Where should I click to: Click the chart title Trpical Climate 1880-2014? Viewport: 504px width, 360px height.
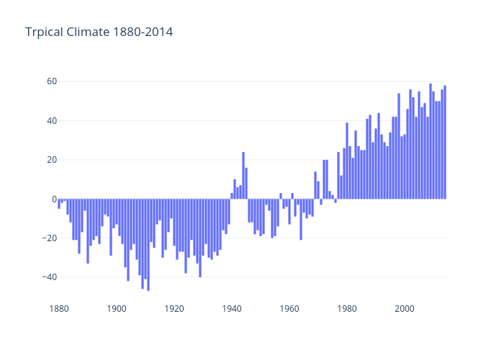tap(99, 32)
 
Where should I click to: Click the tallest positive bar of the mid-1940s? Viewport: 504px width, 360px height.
tap(243, 176)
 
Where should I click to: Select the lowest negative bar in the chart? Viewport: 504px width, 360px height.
tap(148, 245)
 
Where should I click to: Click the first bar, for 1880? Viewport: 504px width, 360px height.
tap(59, 204)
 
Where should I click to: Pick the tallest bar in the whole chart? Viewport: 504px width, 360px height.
tap(431, 141)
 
